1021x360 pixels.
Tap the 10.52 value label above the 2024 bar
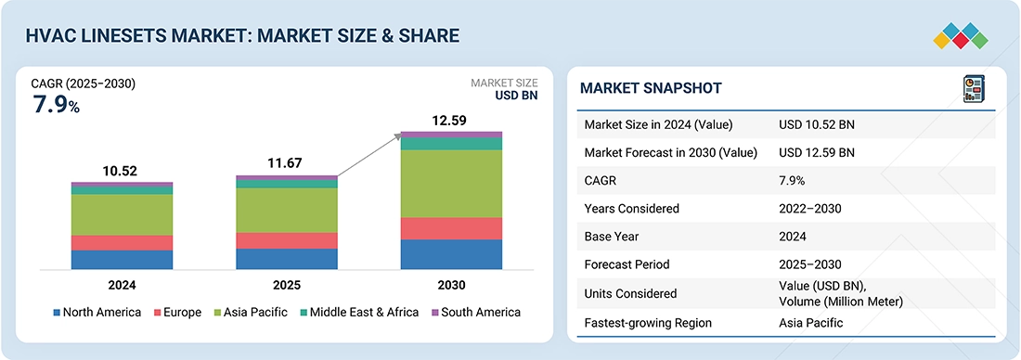click(122, 171)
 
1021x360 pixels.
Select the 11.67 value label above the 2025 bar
click(287, 163)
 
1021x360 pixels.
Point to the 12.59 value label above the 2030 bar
click(451, 121)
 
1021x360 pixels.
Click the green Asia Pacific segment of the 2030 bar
click(451, 183)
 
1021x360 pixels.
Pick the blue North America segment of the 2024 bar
click(122, 260)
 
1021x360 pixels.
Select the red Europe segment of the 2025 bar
click(287, 240)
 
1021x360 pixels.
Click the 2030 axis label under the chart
click(451, 285)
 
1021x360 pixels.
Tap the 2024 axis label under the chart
click(122, 285)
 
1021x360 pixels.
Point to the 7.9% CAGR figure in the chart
click(56, 105)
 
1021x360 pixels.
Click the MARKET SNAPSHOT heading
click(651, 88)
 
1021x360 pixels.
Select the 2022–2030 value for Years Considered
click(810, 209)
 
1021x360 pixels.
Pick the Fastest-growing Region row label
click(646, 323)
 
